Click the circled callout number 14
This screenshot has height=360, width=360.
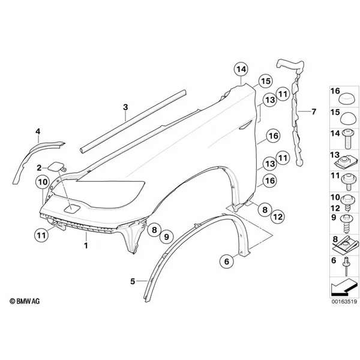click(x=241, y=69)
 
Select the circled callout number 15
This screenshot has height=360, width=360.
click(x=265, y=81)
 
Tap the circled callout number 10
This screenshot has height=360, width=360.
click(x=43, y=182)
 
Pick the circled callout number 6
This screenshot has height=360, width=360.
click(x=227, y=261)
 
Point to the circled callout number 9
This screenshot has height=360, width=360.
click(x=166, y=236)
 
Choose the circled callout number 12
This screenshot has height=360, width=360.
click(x=278, y=217)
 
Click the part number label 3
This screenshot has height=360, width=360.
click(x=125, y=107)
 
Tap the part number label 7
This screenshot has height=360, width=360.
click(x=314, y=112)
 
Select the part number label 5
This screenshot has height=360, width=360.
click(x=133, y=281)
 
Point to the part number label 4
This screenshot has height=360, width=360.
click(x=38, y=131)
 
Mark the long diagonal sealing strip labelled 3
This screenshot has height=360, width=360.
click(x=133, y=121)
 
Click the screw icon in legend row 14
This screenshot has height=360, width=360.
click(x=348, y=139)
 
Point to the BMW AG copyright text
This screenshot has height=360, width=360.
click(x=25, y=301)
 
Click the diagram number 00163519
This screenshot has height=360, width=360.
click(x=344, y=301)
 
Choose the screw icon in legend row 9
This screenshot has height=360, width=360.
click(x=346, y=224)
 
